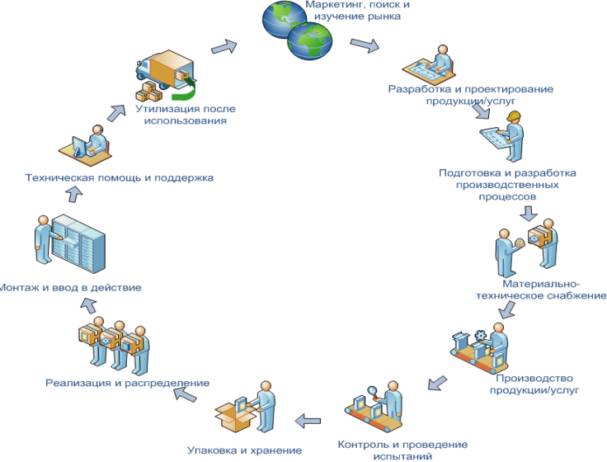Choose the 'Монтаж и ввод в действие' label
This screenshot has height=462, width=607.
72,287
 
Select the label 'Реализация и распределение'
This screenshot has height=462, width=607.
127,383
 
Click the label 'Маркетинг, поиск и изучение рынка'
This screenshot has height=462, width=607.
357,11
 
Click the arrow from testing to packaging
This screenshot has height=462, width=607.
309,420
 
